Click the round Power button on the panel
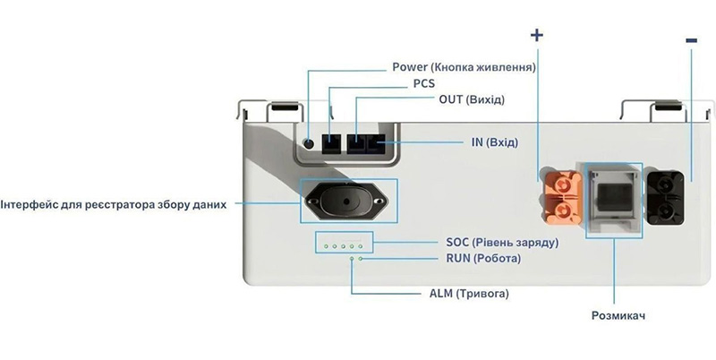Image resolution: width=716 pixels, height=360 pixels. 309,144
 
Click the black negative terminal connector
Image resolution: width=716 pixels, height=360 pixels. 665,198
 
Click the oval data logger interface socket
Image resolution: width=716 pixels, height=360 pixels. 346,201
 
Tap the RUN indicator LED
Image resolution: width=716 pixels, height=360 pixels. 361,259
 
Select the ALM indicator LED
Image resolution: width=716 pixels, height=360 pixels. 352,259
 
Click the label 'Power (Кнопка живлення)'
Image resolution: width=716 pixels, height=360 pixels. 464,67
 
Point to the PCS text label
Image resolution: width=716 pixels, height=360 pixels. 424,83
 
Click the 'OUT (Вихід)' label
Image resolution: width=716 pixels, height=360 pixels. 472,99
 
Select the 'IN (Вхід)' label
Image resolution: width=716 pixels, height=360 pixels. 495,142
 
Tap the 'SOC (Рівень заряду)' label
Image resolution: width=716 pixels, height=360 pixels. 502,242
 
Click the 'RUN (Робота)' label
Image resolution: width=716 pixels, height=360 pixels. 483,259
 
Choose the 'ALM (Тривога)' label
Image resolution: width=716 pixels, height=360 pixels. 469,294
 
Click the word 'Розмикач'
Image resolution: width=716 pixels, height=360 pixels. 618,316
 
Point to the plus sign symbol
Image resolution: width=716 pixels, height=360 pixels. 538,35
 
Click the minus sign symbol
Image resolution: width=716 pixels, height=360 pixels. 691,40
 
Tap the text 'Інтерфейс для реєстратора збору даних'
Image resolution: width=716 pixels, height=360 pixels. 114,205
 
